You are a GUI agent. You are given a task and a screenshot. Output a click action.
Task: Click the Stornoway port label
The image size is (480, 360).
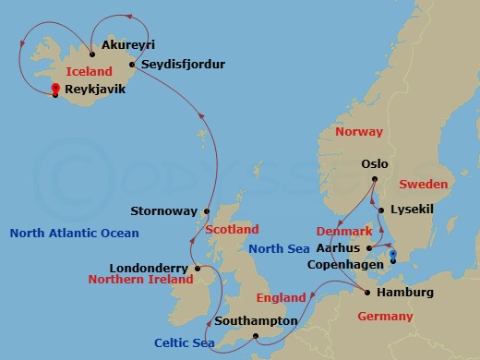(x=162, y=210)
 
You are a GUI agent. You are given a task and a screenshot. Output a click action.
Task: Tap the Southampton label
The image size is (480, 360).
(x=255, y=322)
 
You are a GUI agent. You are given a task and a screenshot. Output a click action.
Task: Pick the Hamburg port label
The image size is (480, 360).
(x=406, y=293)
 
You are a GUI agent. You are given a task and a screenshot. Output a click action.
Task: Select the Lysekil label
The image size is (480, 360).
(x=412, y=210)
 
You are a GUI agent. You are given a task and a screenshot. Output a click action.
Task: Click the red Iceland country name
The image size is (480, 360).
(x=89, y=69)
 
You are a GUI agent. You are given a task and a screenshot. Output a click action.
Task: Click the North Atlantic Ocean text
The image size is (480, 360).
(x=74, y=234)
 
